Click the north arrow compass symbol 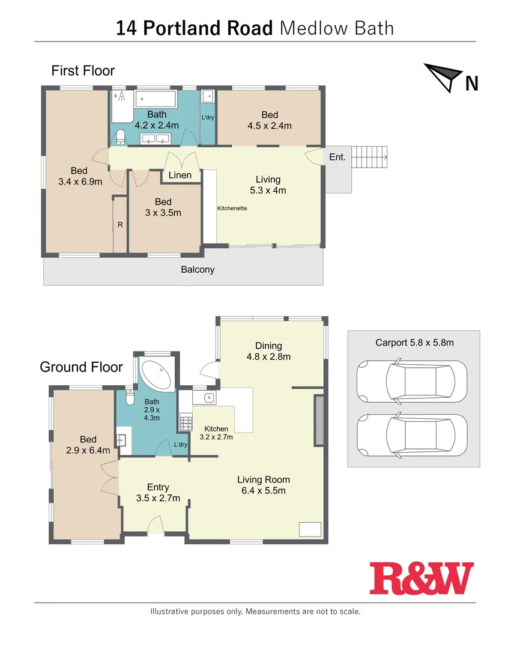[443, 77]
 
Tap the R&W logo [422, 577]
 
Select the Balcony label [198, 270]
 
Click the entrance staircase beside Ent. [369, 157]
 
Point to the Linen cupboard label [180, 175]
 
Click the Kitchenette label [232, 208]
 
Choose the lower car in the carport [411, 436]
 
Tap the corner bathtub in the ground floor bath [156, 373]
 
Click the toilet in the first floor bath [120, 136]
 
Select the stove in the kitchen [185, 423]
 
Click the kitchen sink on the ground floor [208, 398]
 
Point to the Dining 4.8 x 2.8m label [268, 351]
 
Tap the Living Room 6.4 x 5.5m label [263, 485]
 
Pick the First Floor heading [83, 70]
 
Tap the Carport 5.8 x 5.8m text [414, 343]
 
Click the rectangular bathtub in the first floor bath [156, 99]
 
